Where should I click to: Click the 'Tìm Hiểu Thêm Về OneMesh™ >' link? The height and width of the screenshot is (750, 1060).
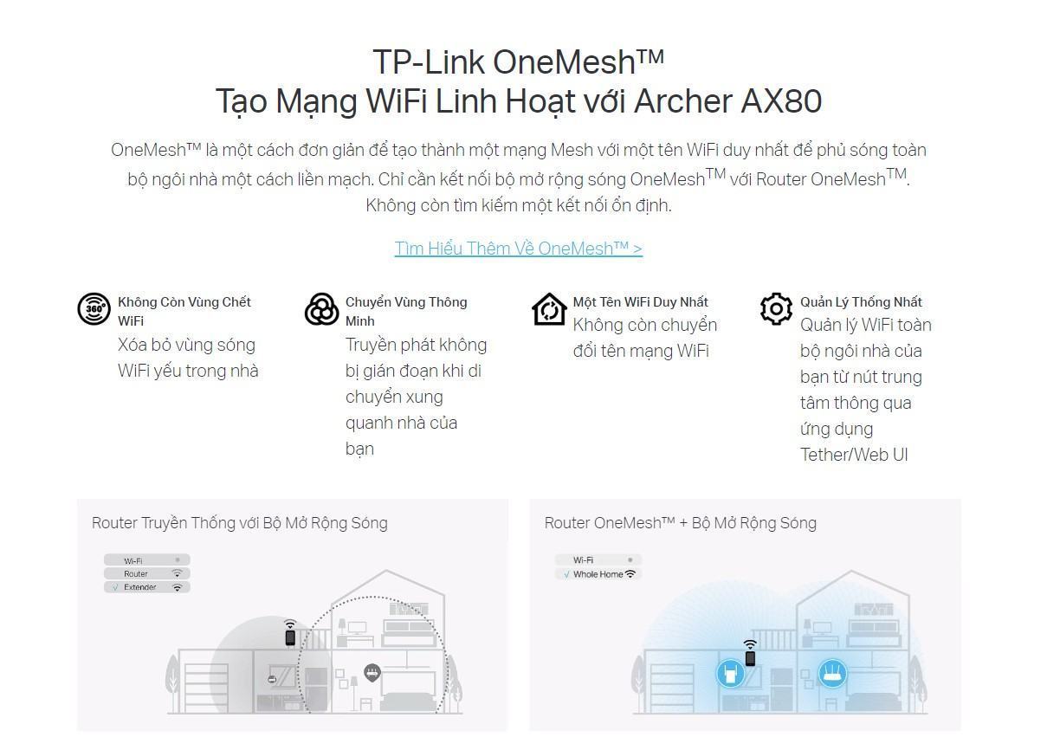(x=518, y=249)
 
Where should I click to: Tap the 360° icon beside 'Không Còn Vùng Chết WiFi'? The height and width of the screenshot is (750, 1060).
(x=94, y=309)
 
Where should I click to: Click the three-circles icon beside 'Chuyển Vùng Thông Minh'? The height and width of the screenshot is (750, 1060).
(x=321, y=309)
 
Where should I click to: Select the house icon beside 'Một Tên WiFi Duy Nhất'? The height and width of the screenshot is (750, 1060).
(x=549, y=309)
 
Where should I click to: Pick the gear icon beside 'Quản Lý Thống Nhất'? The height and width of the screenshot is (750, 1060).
(x=776, y=308)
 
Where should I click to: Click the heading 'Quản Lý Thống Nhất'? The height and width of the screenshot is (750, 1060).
(x=861, y=302)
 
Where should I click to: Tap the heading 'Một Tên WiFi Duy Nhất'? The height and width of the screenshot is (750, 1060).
(x=640, y=302)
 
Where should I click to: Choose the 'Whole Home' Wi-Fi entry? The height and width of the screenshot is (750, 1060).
(x=598, y=574)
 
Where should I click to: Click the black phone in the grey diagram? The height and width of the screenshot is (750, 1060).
(x=290, y=637)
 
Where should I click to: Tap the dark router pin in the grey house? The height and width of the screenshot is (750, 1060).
(x=372, y=672)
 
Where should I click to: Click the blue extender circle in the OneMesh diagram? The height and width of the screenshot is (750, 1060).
(x=730, y=673)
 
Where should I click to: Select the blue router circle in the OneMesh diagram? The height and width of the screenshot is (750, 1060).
(x=833, y=673)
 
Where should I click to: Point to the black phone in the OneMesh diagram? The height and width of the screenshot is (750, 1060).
(x=750, y=657)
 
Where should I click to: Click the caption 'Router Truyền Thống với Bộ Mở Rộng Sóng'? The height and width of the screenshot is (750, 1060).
(x=240, y=523)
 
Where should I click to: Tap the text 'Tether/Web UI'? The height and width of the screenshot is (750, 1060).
(x=854, y=455)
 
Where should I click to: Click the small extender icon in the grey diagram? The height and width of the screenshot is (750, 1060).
(x=272, y=679)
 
